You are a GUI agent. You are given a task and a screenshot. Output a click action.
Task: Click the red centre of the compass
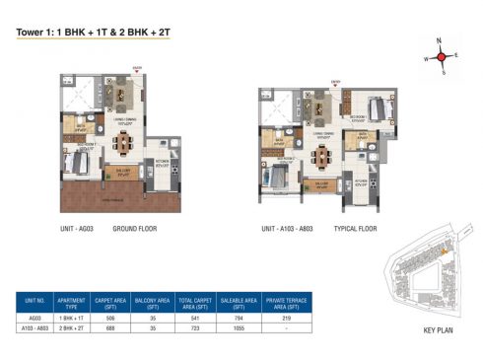[444, 56]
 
